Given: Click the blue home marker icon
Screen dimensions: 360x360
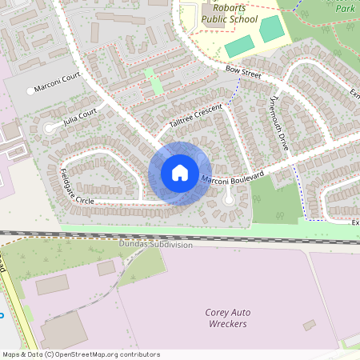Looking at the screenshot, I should tap(179, 173).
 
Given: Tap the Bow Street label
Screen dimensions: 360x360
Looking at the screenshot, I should tap(244, 73).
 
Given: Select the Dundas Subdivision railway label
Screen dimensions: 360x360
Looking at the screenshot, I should tap(156, 245).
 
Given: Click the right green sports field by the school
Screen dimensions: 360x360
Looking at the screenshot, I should tap(272, 30).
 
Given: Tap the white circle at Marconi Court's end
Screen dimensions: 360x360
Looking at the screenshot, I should tap(30, 91).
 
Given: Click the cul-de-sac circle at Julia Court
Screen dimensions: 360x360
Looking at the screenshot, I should tap(50, 126).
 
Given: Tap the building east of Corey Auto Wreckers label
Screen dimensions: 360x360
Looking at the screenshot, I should tap(309, 325).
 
